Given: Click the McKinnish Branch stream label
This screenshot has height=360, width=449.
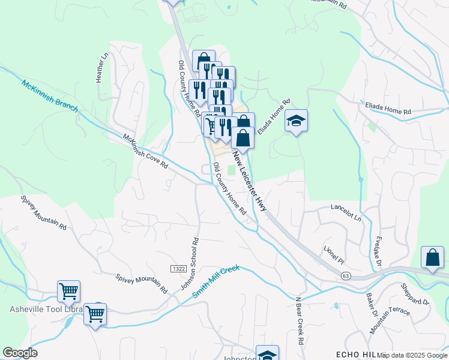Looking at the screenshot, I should [x=50, y=95].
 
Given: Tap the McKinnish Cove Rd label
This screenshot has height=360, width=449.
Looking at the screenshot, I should [x=145, y=151].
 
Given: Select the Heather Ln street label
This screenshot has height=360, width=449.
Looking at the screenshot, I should [x=102, y=67].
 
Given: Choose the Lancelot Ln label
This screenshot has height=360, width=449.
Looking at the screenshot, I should [x=347, y=212].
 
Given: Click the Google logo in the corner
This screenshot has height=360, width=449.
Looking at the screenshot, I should [x=20, y=352].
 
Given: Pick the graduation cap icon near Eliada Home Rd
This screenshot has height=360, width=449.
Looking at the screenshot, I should [x=296, y=122].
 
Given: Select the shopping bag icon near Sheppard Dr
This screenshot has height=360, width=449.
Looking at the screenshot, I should [x=432, y=258].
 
